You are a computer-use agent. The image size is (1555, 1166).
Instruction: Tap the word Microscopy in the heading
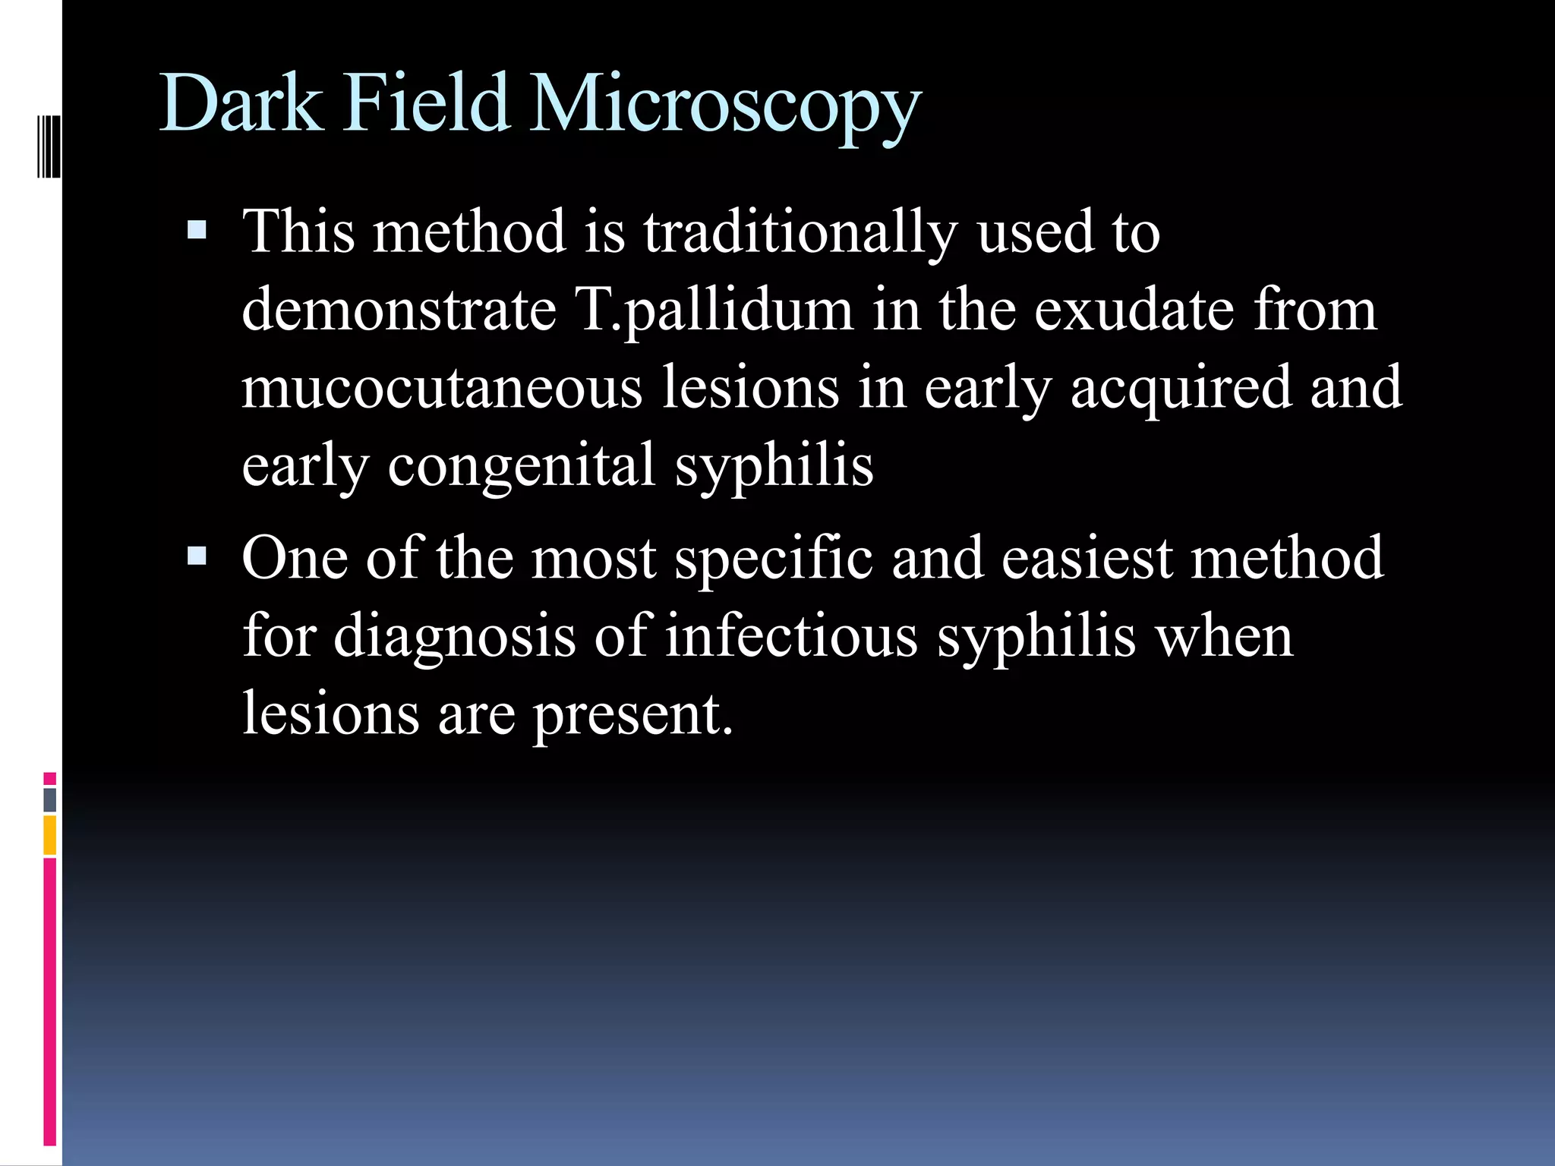click(x=725, y=106)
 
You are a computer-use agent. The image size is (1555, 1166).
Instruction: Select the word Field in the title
click(x=425, y=103)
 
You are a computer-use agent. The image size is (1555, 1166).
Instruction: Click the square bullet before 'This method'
click(x=197, y=229)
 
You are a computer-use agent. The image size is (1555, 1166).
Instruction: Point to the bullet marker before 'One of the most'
click(x=197, y=556)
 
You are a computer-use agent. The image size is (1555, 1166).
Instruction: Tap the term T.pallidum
click(x=714, y=311)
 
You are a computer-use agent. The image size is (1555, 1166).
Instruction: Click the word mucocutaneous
click(x=442, y=387)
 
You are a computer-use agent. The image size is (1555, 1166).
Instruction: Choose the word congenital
click(x=522, y=466)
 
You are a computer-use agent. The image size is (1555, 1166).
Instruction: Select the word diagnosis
click(x=454, y=638)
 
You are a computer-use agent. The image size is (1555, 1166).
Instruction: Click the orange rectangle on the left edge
click(x=50, y=834)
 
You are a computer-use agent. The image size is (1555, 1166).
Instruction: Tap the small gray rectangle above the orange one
click(x=50, y=799)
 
